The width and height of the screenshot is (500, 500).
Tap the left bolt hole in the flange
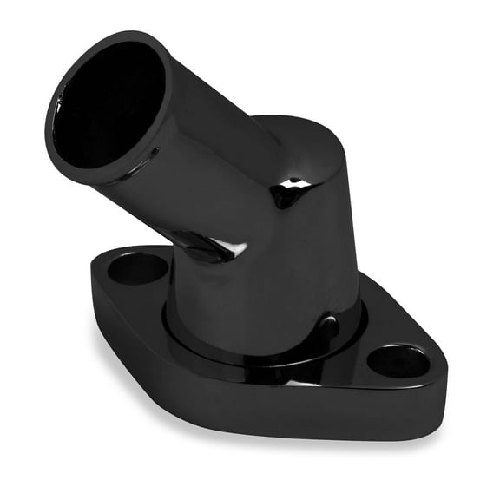[x=137, y=269]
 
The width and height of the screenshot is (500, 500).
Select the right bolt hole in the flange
[x=398, y=360]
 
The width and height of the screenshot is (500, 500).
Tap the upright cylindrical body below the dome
[x=286, y=278]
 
